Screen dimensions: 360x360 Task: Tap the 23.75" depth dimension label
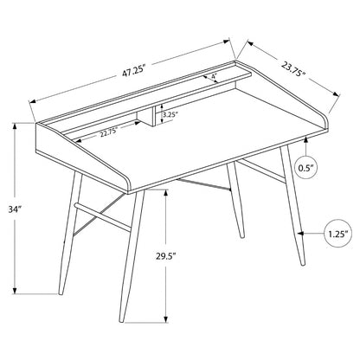click(x=293, y=69)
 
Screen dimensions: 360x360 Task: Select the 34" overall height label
click(x=15, y=209)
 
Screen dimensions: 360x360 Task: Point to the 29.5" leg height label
click(x=166, y=256)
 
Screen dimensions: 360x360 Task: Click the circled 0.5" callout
click(x=306, y=168)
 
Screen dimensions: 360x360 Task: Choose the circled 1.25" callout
click(x=338, y=234)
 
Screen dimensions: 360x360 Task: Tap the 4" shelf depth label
click(x=214, y=76)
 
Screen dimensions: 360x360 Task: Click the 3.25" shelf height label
click(x=169, y=114)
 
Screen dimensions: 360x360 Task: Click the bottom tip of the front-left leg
click(x=61, y=294)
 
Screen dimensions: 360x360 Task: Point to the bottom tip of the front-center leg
click(x=121, y=321)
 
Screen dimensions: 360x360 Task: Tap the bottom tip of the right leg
click(x=303, y=264)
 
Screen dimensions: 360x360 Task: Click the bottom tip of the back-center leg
click(x=242, y=237)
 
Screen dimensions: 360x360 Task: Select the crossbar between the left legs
click(x=103, y=217)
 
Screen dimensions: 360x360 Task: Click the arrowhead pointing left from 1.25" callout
click(x=301, y=233)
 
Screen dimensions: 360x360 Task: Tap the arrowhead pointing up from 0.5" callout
click(x=305, y=140)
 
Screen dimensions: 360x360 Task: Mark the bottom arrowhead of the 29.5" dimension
click(x=166, y=318)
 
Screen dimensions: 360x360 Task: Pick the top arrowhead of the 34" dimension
click(x=15, y=126)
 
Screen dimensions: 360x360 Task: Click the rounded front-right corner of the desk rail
click(x=326, y=121)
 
